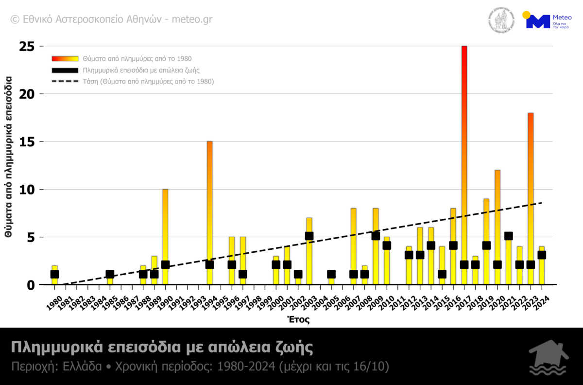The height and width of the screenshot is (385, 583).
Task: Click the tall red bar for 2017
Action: [x=464, y=146]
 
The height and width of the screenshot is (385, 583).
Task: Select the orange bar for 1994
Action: [x=209, y=204]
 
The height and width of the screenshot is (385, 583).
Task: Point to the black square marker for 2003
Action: [x=309, y=236]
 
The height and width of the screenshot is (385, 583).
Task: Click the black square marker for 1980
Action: [x=54, y=274]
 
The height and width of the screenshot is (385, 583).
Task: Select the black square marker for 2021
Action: [x=508, y=236]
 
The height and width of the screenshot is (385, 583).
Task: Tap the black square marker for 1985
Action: [x=110, y=274]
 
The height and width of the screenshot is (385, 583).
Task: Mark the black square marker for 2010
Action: [x=387, y=245]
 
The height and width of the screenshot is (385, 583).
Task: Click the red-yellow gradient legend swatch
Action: [x=65, y=59]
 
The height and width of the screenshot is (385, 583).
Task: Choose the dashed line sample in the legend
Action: [x=65, y=81]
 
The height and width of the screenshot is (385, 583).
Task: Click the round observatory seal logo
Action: [x=501, y=20]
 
